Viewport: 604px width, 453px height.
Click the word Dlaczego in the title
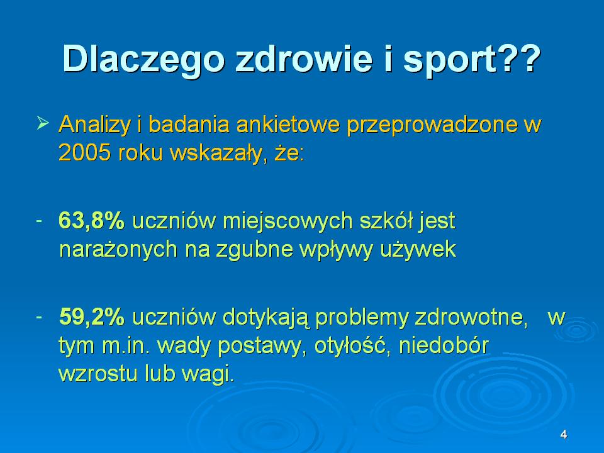tap(143, 60)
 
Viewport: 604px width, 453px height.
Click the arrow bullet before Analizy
tap(43, 124)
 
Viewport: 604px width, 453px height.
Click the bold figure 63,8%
tap(92, 221)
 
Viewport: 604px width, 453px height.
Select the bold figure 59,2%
tap(92, 318)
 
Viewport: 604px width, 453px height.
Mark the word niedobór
tap(444, 345)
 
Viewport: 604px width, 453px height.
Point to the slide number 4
tap(564, 435)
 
